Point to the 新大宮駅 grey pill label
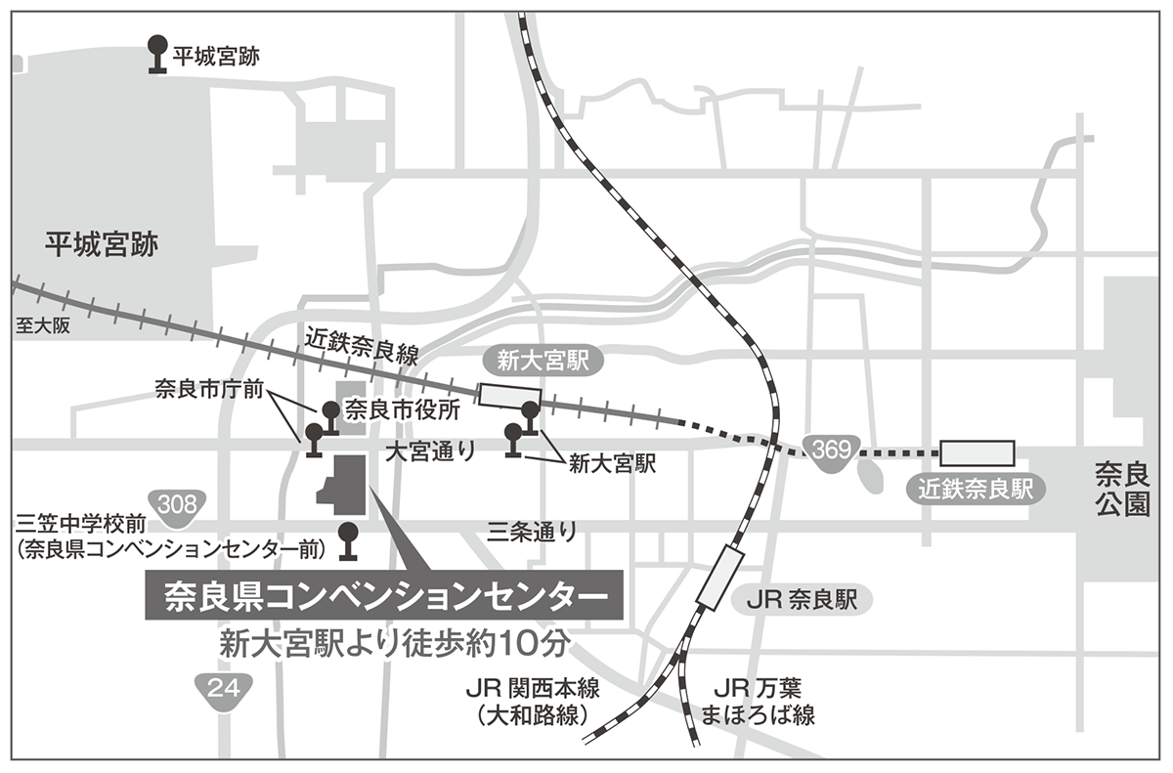[x=544, y=362]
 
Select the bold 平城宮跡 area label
[x=102, y=244]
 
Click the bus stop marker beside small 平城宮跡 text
[x=155, y=55]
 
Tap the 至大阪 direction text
[x=43, y=326]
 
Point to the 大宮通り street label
[x=431, y=451]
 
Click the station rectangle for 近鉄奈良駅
[x=977, y=452]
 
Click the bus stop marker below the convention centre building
[x=347, y=541]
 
